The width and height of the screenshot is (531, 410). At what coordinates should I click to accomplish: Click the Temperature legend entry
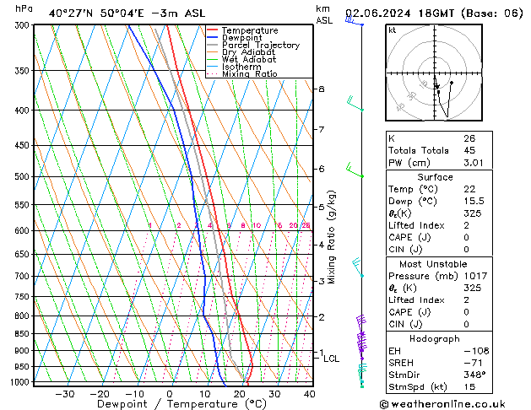(x=249, y=30)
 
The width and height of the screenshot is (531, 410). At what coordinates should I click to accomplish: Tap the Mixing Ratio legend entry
(x=249, y=74)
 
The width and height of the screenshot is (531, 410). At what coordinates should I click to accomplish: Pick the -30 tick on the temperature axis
(x=64, y=394)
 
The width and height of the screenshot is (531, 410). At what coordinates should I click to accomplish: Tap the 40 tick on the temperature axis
(x=309, y=394)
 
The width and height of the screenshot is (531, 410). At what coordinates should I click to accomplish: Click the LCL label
(x=332, y=359)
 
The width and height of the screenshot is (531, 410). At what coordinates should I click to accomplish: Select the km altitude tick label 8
(x=321, y=89)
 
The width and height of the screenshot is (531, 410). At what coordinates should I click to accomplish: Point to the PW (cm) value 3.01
(x=474, y=164)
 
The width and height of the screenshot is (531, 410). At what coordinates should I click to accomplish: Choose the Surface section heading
(x=435, y=177)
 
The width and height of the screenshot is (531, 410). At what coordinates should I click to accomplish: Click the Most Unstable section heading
(x=435, y=264)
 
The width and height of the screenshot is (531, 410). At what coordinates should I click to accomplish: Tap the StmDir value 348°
(x=474, y=375)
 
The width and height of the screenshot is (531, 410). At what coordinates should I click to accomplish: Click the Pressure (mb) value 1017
(x=474, y=276)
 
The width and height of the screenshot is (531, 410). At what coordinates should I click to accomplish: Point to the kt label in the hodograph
(x=392, y=30)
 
